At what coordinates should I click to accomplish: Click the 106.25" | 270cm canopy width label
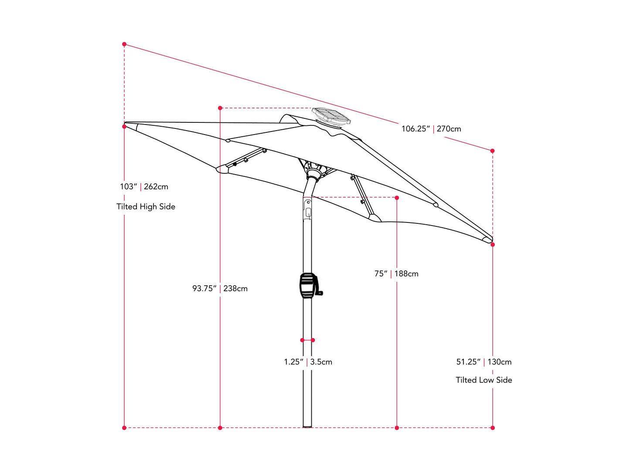(x=431, y=129)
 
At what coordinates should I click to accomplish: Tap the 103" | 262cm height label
(x=144, y=187)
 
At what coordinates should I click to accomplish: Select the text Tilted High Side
(x=146, y=207)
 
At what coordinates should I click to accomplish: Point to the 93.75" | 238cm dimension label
(x=220, y=289)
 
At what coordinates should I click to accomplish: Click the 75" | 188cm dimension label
(x=396, y=274)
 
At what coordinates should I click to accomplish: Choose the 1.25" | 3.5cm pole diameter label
(x=308, y=362)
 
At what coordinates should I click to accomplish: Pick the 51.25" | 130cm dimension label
(x=484, y=362)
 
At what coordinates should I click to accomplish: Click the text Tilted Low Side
(x=484, y=380)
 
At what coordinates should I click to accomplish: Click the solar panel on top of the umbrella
(x=331, y=116)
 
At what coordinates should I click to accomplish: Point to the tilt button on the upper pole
(x=308, y=212)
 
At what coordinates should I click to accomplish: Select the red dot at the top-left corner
(x=124, y=44)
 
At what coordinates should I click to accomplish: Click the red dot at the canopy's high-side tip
(x=124, y=127)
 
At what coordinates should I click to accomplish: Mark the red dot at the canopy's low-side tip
(x=493, y=245)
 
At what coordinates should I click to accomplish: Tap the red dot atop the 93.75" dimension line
(x=220, y=108)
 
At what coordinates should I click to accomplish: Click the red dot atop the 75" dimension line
(x=397, y=198)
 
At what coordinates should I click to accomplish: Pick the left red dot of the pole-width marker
(x=302, y=340)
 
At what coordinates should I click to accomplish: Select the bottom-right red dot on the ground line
(x=493, y=428)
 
